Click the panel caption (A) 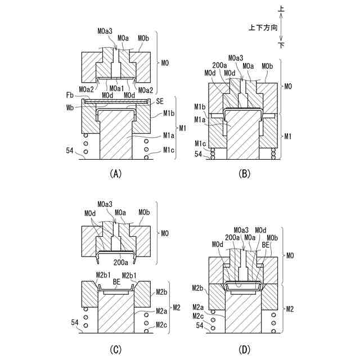(x=114, y=174)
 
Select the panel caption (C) (x=114, y=349)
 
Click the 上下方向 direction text (x=262, y=27)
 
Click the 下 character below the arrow (x=281, y=44)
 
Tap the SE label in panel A (x=159, y=100)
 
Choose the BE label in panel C (x=116, y=281)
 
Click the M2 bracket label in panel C (x=177, y=307)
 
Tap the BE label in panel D (x=265, y=245)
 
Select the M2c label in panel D (x=197, y=317)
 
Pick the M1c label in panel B (x=200, y=144)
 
